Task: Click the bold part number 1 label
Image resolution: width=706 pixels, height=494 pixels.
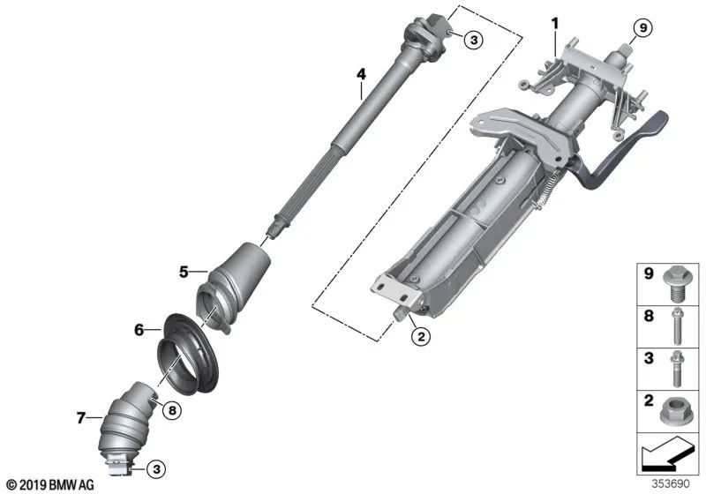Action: pos(555,23)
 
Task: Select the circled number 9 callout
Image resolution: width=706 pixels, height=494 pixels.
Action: pos(643,28)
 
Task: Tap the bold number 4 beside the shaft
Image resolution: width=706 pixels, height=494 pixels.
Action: pos(361,74)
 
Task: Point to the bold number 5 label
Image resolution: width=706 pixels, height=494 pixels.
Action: pos(184,272)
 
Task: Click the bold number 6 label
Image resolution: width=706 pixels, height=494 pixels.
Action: pos(139,330)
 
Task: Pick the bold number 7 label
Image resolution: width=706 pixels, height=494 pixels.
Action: pos(80,418)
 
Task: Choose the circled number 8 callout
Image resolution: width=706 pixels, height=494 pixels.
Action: pos(172,410)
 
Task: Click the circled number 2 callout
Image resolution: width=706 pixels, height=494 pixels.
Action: pos(421,335)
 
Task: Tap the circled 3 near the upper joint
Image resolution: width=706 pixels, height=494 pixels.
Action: pos(474,40)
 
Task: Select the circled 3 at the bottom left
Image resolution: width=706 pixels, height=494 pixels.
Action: pos(156,469)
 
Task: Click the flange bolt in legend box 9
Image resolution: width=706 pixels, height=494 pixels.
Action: pos(674,284)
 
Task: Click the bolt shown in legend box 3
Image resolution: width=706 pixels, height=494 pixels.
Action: pos(675,369)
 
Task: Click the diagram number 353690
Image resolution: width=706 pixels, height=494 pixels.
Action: pos(671,483)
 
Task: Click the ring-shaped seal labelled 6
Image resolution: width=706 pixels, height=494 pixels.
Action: pos(188,355)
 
